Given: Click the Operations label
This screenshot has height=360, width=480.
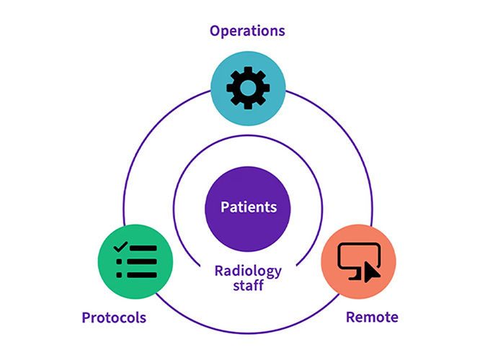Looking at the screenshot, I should click(247, 30).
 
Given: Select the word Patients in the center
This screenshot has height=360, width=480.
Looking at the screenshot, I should click(249, 207).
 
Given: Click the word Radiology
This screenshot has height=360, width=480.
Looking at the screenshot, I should click(247, 271).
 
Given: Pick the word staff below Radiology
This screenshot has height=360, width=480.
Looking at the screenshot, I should click(247, 287).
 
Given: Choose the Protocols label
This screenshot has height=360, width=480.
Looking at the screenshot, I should click(113, 318).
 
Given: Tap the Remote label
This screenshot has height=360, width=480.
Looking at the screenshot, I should click(372, 318).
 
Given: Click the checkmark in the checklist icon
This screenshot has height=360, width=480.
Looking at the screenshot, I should click(120, 247).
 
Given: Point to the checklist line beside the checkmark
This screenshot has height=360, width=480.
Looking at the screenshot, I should click(143, 248).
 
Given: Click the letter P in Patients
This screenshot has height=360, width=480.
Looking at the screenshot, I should click(225, 207).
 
